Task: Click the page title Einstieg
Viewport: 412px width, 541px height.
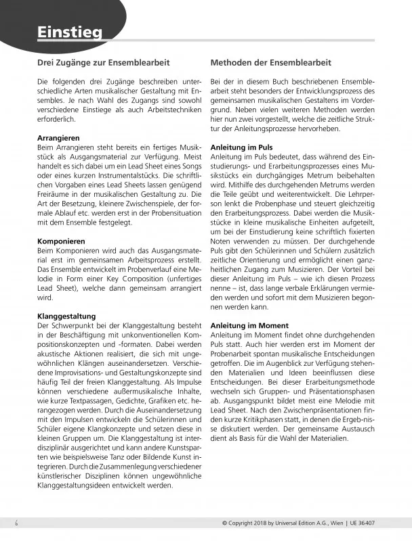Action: (70, 32)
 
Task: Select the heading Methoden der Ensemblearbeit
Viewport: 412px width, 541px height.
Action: (271, 63)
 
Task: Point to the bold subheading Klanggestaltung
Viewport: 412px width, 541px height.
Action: (66, 316)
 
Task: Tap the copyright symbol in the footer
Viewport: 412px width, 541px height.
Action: (224, 523)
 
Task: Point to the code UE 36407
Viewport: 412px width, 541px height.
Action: (386, 523)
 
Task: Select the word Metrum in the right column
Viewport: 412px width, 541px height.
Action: (315, 176)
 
